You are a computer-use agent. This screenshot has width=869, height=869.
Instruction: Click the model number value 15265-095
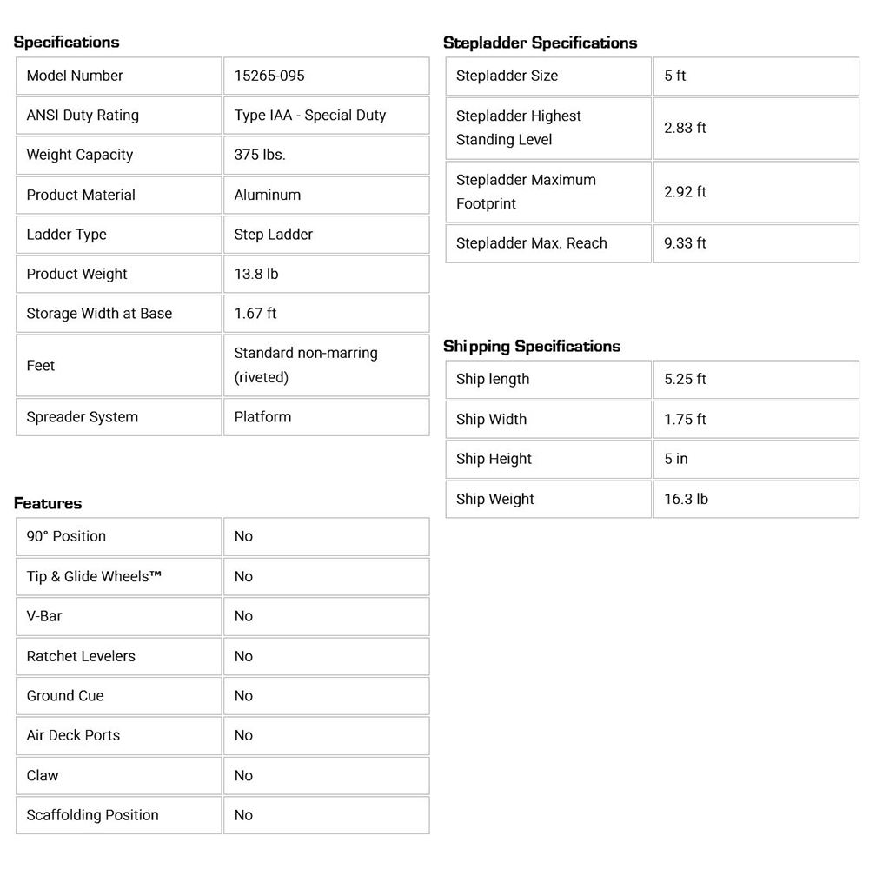coord(269,76)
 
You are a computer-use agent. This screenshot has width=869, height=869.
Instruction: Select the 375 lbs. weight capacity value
coord(260,155)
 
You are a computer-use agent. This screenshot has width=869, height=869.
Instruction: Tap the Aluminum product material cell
coord(267,195)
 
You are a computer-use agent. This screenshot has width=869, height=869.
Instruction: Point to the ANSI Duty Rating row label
coord(83,116)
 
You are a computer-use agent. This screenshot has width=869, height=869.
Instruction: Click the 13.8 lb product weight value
coord(256,274)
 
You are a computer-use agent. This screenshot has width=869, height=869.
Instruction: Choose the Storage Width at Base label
coord(99,314)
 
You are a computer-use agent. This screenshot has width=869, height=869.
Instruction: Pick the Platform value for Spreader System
coord(262,417)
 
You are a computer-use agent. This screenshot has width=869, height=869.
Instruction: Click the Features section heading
coord(48,504)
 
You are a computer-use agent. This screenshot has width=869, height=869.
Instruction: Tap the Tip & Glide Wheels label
coord(94,576)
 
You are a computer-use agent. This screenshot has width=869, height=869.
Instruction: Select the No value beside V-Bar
coord(243,616)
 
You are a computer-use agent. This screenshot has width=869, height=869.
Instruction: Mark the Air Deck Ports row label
coord(73,735)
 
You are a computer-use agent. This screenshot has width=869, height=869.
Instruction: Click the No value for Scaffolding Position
coord(243,815)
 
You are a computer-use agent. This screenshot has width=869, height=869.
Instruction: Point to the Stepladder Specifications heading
coord(540,43)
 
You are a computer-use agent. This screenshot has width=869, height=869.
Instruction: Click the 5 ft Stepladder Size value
coord(675,76)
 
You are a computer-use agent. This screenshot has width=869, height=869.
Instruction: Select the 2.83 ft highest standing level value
coord(685,128)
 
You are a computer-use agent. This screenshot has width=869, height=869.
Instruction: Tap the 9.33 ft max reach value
coord(685,243)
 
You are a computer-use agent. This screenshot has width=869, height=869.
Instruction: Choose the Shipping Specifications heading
coord(532,347)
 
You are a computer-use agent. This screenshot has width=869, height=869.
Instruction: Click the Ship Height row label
coord(494,459)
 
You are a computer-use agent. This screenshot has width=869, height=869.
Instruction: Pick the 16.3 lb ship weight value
coord(686,499)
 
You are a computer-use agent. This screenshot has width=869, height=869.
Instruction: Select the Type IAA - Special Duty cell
coord(309,116)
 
